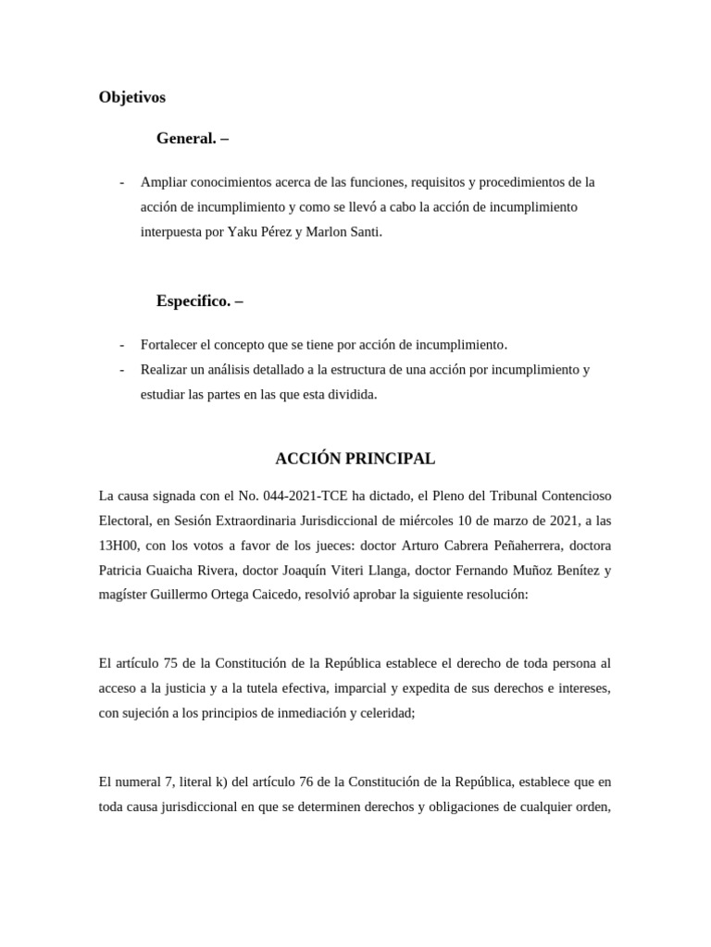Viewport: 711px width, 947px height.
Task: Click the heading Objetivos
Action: coord(131,96)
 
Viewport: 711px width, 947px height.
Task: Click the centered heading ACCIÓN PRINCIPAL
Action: coord(355,459)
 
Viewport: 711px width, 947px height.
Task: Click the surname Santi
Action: coord(361,232)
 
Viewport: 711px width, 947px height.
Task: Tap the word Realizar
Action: coord(166,370)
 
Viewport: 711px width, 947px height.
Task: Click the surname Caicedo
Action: coord(268,596)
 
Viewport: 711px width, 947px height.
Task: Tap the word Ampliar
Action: coord(166,181)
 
